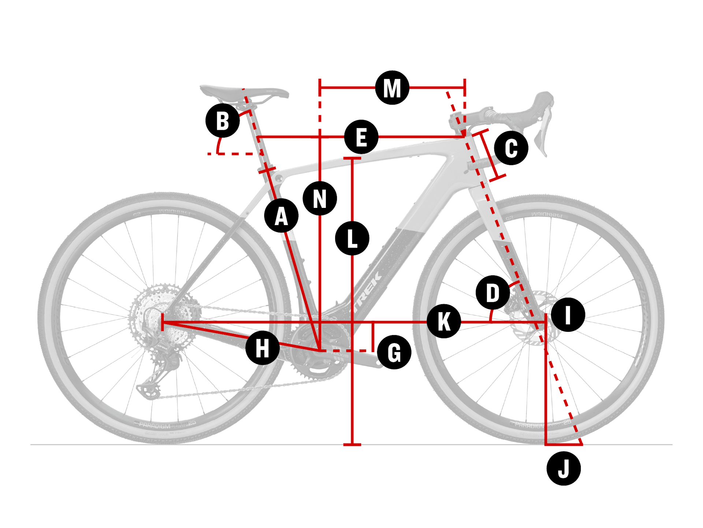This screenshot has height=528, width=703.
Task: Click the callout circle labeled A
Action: (x=281, y=216)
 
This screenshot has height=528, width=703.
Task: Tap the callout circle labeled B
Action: (x=223, y=121)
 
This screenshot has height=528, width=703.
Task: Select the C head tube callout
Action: (x=511, y=148)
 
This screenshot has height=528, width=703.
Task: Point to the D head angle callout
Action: (x=493, y=293)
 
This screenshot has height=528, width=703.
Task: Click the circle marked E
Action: (x=361, y=137)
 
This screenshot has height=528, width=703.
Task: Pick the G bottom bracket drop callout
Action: (x=394, y=352)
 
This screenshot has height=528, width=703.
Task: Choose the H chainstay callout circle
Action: (x=263, y=348)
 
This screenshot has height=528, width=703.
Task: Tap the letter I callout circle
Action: (x=568, y=315)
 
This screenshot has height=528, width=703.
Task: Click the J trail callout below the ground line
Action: (x=563, y=469)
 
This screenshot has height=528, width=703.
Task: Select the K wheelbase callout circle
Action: (x=444, y=321)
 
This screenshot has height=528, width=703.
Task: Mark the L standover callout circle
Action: (x=352, y=238)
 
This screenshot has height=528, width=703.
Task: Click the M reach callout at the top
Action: (x=392, y=88)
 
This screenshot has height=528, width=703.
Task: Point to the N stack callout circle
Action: (x=320, y=198)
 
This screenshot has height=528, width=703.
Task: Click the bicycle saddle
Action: (x=242, y=92)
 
